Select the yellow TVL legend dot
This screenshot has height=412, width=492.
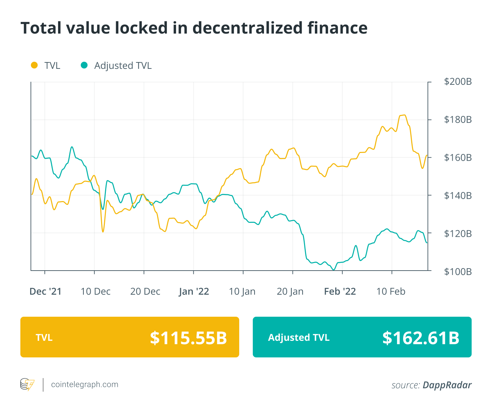(34, 65)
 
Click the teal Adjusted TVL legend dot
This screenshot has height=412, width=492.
(84, 65)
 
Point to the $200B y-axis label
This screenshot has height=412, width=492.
(458, 82)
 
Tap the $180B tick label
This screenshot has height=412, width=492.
(458, 120)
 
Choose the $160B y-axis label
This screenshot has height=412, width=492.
(458, 158)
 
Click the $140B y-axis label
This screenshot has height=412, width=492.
(458, 196)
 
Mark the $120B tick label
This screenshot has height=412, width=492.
(458, 234)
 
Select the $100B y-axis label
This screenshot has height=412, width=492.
(458, 272)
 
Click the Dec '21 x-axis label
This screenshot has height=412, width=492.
(45, 292)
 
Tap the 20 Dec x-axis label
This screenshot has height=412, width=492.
(145, 292)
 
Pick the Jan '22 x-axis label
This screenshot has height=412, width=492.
(194, 292)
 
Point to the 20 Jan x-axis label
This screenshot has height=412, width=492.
(290, 292)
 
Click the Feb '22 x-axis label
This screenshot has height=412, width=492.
(340, 292)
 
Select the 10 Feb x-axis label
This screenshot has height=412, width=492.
(391, 292)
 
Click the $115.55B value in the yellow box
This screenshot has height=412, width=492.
(188, 338)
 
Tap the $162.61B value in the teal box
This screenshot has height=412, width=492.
(421, 338)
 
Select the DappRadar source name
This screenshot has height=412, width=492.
(447, 385)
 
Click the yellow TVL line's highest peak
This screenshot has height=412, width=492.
(403, 115)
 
